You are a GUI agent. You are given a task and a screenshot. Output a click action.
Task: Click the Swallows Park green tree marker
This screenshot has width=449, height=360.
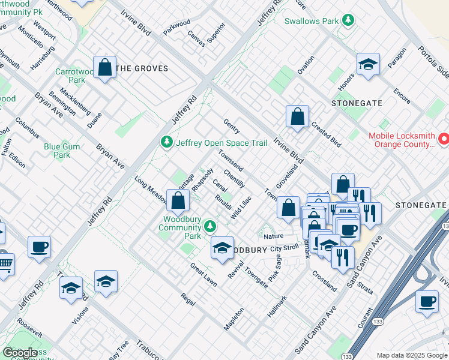(x=347, y=20)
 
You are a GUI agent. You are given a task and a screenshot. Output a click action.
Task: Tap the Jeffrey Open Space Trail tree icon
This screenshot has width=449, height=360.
(x=166, y=142)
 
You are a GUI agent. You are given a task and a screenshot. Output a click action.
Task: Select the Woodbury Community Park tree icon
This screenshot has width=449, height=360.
(x=209, y=226)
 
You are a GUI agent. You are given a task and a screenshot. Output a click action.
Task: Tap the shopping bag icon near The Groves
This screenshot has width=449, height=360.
(x=105, y=68)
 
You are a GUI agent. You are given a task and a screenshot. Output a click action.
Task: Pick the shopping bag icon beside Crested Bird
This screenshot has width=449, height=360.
(x=297, y=117)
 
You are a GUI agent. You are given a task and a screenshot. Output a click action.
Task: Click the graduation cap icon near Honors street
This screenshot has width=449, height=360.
(x=368, y=65)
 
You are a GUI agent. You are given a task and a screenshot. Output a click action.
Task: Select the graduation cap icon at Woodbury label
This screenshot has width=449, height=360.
(x=222, y=248)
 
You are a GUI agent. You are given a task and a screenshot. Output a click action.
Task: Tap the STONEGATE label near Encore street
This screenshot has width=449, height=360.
(x=357, y=103)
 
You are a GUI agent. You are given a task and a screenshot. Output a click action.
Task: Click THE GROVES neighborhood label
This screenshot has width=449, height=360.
(x=142, y=69)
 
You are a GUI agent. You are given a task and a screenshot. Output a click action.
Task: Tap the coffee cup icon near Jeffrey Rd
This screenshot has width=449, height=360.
(x=39, y=247)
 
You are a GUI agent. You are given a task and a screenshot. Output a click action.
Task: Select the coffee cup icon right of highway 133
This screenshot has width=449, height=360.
(x=427, y=302)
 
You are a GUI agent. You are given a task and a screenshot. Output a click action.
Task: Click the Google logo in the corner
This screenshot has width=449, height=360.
(x=20, y=353)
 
